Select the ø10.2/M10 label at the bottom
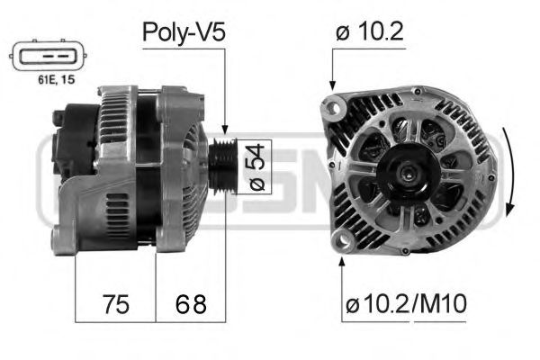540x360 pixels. (405, 305)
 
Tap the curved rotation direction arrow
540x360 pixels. (509, 171)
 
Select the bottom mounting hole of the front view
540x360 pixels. (343, 239)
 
